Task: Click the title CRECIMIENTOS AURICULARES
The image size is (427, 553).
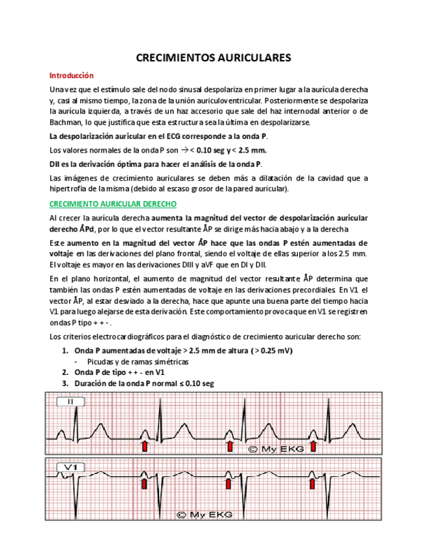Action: click(213, 58)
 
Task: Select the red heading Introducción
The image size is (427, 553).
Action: click(72, 76)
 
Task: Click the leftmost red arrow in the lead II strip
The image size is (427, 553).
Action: click(145, 445)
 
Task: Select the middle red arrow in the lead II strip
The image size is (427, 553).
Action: click(229, 445)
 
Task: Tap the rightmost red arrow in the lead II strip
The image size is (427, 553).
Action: click(314, 445)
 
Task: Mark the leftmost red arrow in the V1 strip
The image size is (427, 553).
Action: click(144, 484)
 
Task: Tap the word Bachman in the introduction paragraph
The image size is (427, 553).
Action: click(66, 122)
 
